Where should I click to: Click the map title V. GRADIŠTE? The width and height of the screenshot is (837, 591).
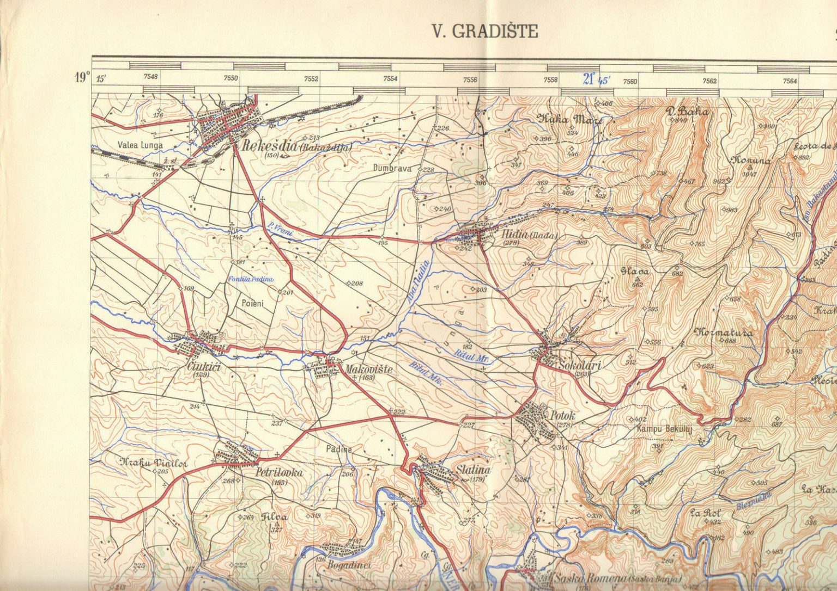[485, 32]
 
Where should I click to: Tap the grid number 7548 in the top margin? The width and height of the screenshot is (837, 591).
[150, 77]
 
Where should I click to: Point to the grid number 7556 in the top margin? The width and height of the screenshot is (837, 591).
[470, 80]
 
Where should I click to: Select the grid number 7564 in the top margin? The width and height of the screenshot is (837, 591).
[790, 81]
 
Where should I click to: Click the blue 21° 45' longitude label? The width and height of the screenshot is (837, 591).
[596, 80]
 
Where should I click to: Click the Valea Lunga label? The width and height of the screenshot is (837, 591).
[140, 145]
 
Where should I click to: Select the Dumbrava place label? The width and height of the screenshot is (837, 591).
[392, 169]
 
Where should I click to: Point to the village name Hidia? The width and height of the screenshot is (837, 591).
[513, 235]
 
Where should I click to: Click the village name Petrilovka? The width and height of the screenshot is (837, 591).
[278, 473]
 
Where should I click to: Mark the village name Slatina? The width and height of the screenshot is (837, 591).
[474, 470]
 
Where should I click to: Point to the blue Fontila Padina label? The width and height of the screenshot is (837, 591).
[251, 279]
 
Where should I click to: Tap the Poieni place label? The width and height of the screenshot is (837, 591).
[252, 303]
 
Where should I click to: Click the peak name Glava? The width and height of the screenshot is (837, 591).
[635, 270]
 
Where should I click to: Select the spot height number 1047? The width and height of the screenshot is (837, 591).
[750, 175]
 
